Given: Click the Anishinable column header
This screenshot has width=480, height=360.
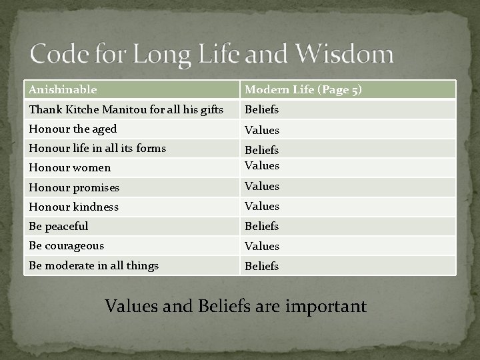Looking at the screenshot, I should click(63, 89).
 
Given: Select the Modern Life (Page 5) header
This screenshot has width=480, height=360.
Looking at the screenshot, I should click(303, 89).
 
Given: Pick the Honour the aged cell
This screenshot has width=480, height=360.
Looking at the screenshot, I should click(73, 129).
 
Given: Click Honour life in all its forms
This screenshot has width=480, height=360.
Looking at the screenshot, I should click(97, 148).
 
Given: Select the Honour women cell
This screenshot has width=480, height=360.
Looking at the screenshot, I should click(69, 167).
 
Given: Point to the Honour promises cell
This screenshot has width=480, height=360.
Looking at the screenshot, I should click(75, 187).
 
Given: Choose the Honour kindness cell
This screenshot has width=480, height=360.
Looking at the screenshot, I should click(73, 207).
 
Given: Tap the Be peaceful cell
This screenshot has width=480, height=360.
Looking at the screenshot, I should click(59, 226).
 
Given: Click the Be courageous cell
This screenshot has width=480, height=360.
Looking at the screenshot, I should click(65, 245).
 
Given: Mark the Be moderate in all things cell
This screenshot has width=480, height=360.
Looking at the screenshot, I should click(93, 265).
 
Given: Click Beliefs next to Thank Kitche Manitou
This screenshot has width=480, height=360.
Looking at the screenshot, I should click(262, 109).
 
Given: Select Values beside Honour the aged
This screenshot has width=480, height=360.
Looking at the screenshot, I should click(262, 130).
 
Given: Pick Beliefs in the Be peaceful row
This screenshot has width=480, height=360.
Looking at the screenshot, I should click(262, 227).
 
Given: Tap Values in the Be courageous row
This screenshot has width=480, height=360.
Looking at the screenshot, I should click(262, 246).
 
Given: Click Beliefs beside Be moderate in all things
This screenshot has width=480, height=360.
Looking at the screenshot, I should click(262, 266).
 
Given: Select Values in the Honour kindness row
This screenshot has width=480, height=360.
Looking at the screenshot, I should click(262, 207).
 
